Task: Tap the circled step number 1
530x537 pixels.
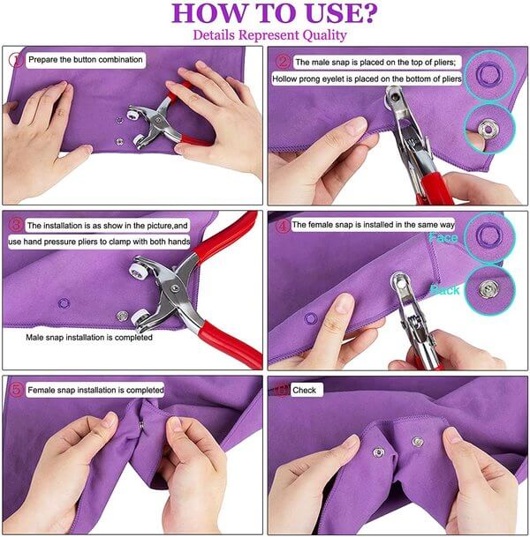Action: coord(15,60)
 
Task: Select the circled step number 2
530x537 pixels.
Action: coord(282,62)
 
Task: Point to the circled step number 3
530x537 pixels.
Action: coord(15,225)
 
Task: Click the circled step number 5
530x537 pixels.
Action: coord(15,389)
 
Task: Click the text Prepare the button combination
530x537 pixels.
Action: coord(85,60)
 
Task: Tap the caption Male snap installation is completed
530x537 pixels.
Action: coord(88,338)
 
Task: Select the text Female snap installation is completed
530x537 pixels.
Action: coord(95,389)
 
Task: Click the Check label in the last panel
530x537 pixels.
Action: coord(305,389)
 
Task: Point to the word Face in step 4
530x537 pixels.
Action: coord(443,237)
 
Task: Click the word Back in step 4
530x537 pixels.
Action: coord(444,289)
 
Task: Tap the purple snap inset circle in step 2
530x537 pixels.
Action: coord(487,71)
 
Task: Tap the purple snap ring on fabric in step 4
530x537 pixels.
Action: coord(308,316)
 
